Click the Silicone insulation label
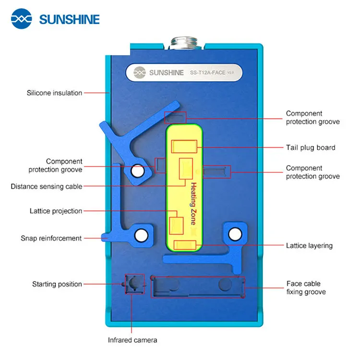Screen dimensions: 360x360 54,93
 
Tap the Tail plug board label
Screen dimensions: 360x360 311,148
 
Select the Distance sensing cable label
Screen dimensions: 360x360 47,186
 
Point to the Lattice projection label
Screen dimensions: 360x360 56,211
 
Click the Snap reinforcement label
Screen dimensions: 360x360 51,238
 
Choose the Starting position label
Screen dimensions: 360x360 57,285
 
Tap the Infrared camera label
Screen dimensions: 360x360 132,340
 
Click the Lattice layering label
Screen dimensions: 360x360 309,246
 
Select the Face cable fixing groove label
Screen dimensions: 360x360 306,288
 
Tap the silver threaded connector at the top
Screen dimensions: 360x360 184,46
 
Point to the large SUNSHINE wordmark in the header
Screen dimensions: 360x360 69,20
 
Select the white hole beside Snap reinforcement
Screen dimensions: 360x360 141,235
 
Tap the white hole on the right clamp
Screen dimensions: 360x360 234,234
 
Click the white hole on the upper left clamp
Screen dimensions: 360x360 137,170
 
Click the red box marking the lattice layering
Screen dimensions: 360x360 185,245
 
